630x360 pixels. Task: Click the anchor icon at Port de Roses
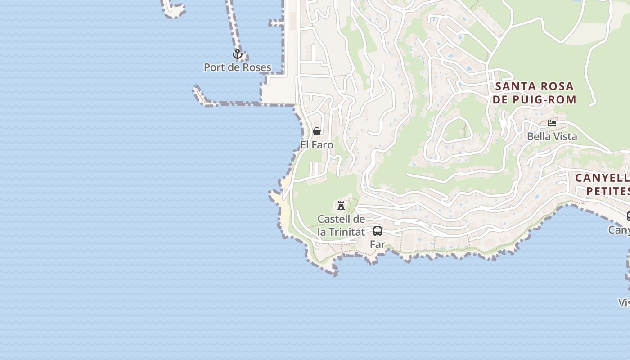237,54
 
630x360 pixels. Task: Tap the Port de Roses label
238,67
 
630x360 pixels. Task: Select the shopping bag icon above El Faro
317,131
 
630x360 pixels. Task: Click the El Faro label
317,145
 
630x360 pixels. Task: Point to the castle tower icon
341,206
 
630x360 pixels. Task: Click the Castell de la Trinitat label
341,225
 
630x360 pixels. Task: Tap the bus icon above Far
378,231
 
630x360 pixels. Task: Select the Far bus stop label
378,244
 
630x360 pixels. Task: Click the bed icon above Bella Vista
552,123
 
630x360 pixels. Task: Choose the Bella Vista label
552,136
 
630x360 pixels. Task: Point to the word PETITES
607,191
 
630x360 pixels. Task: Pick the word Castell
334,219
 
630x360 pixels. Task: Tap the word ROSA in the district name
557,86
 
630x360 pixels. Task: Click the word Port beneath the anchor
214,67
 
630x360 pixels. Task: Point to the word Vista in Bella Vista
564,136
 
